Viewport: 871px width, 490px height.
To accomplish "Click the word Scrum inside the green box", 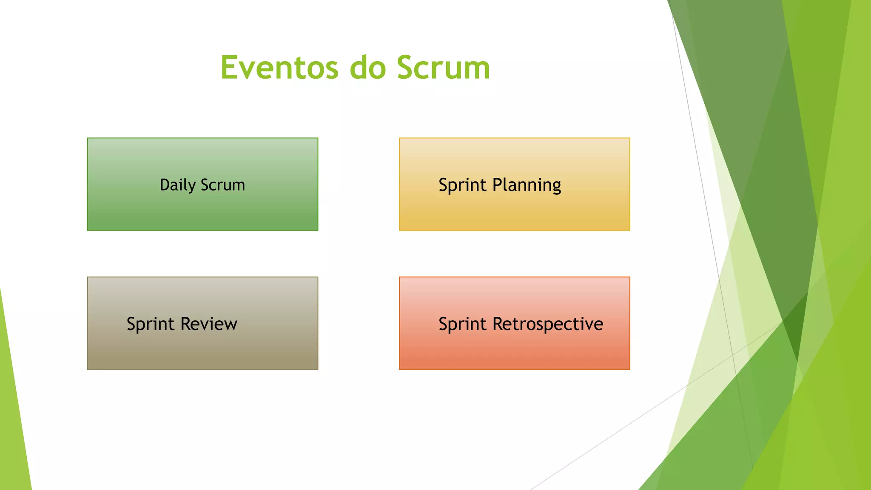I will [222, 185].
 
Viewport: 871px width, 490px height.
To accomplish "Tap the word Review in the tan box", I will [208, 324].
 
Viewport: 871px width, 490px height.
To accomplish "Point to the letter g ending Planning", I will [556, 187].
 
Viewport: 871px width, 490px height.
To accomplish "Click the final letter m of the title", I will [477, 70].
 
